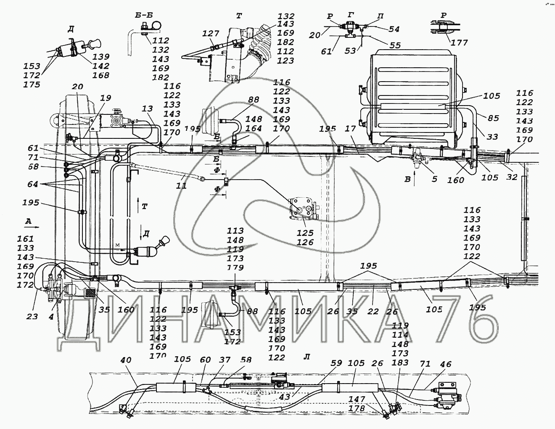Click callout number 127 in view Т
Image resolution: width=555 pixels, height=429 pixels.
click(211, 34)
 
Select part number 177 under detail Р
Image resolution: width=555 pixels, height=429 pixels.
click(459, 42)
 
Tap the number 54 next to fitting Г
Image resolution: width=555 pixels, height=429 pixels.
click(394, 29)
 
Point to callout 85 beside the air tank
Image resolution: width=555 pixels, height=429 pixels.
click(493, 118)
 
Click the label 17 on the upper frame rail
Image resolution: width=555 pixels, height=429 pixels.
click(350, 129)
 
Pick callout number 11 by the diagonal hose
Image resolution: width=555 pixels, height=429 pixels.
click(181, 186)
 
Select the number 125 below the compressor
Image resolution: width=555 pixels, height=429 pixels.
click(305, 233)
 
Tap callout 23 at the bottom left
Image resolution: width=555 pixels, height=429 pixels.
click(32, 317)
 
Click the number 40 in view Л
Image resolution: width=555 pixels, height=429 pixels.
click(125, 360)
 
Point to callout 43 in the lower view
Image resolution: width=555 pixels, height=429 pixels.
click(285, 397)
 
